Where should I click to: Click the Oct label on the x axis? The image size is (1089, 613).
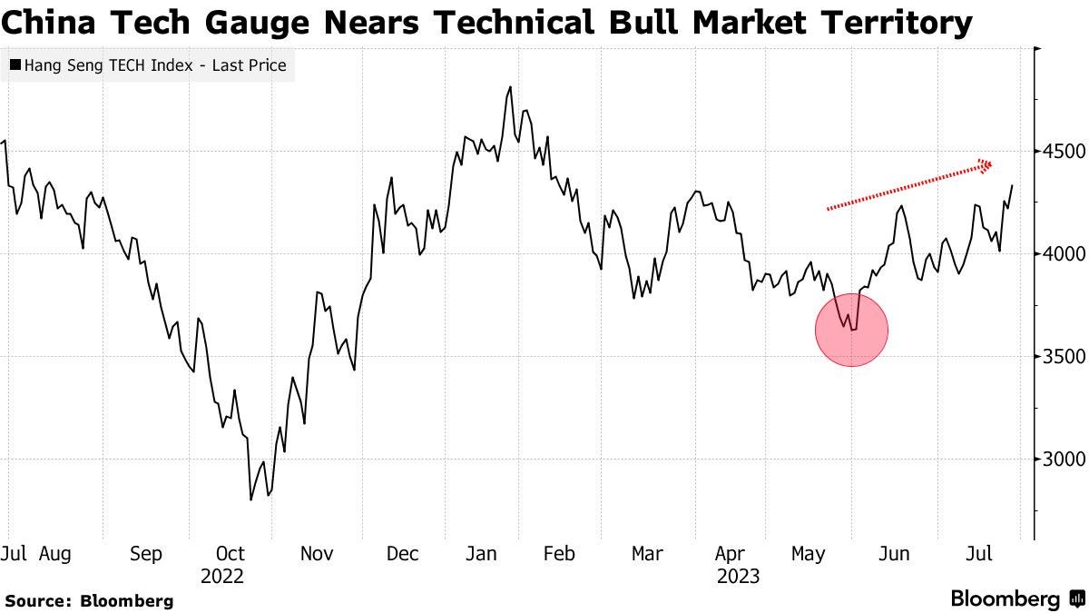coord(231,553)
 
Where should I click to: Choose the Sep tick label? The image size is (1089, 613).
coord(145,553)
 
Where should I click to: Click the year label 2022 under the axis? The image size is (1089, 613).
coord(222,576)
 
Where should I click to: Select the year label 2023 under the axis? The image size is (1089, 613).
coord(737,576)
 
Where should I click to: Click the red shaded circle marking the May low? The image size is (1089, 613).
coord(851,330)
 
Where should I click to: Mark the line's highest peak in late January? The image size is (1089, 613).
coord(510,87)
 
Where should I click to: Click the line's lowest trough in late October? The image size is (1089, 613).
coord(250,499)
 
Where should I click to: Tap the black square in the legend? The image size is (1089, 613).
coord(15,64)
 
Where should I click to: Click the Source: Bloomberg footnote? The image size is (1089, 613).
coord(89,600)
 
